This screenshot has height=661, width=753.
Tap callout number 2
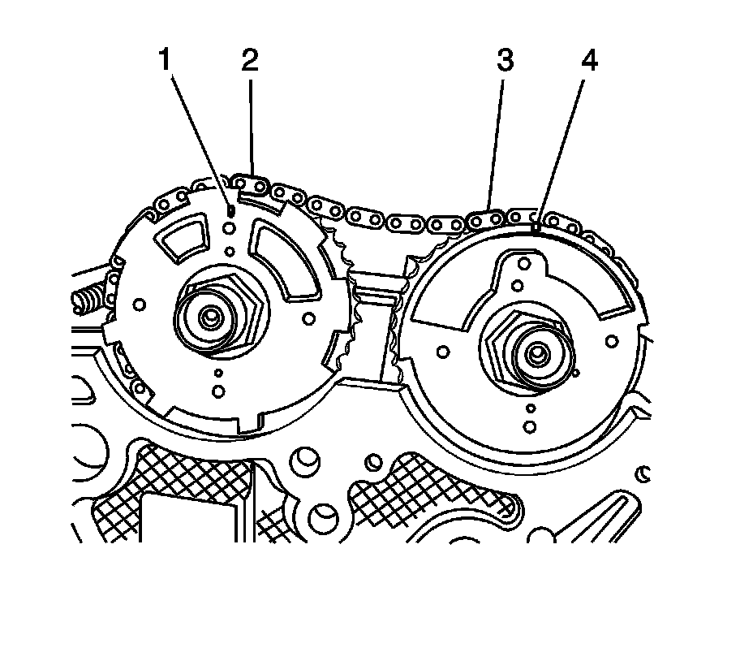click(249, 60)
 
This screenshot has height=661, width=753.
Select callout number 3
click(505, 62)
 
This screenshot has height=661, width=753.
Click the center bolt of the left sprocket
click(212, 316)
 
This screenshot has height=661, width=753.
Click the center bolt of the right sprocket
click(536, 352)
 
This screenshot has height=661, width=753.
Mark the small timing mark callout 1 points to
click(230, 210)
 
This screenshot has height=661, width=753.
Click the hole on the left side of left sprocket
click(140, 305)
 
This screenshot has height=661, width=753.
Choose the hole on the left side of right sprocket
click(443, 351)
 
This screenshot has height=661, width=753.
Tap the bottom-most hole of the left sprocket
click(218, 391)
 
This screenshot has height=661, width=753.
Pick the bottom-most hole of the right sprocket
click(529, 426)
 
